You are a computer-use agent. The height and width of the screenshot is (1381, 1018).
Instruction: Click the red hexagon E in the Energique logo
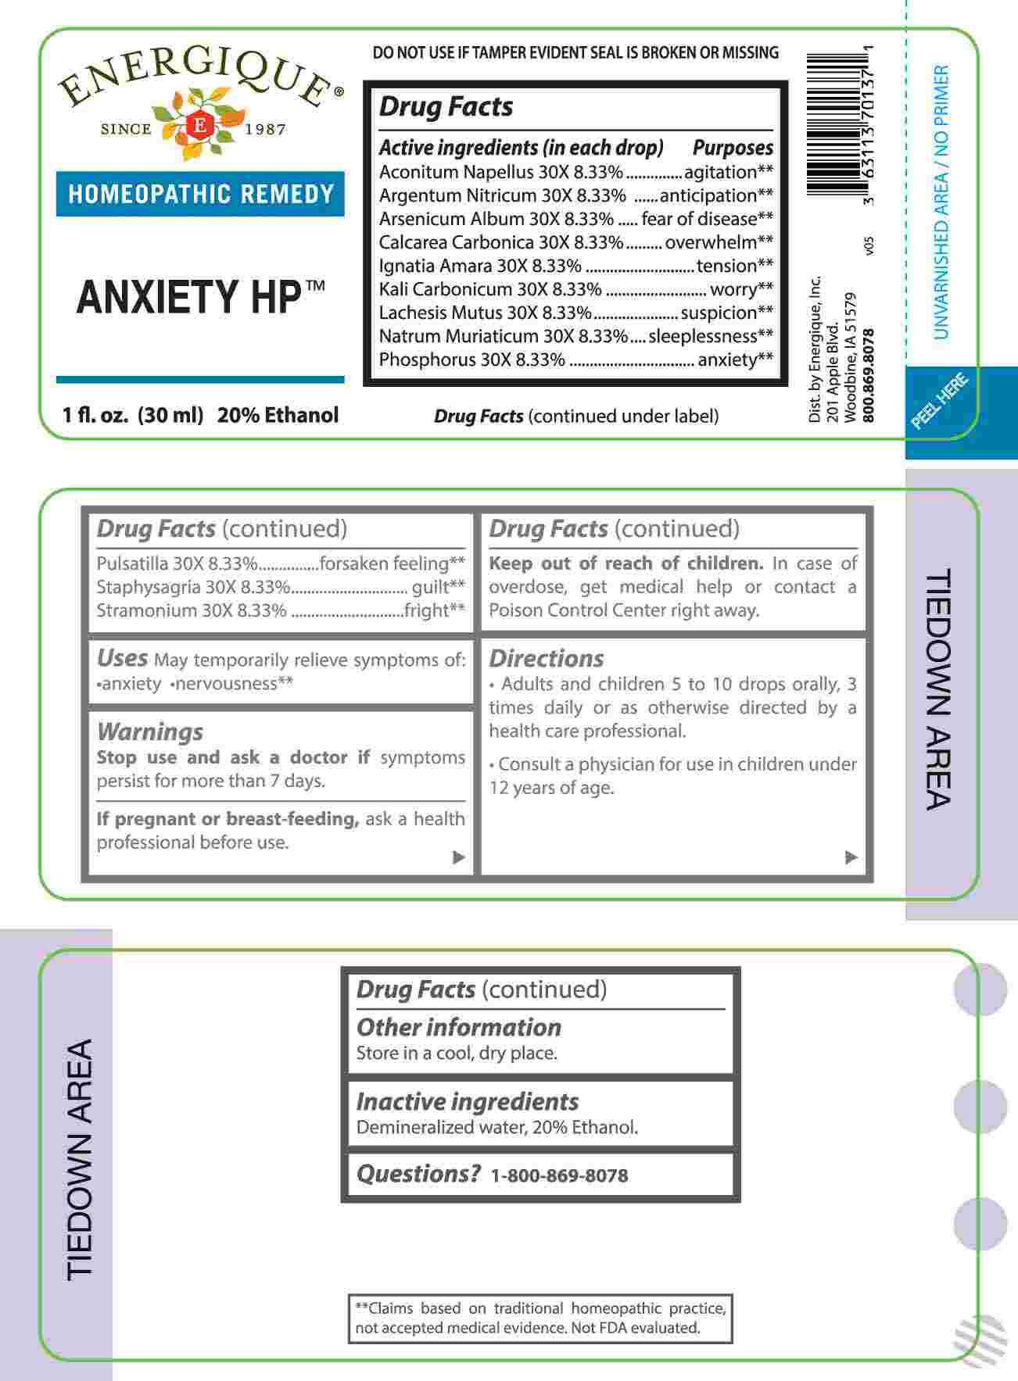pyautogui.click(x=199, y=125)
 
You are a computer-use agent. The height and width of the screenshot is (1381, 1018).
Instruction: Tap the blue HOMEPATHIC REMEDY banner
pyautogui.click(x=200, y=194)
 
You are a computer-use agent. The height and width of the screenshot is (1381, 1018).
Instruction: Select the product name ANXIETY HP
pyautogui.click(x=188, y=297)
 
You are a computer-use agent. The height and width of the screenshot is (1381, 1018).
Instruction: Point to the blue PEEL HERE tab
pyautogui.click(x=941, y=402)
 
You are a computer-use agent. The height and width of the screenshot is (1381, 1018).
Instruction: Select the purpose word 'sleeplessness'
pyautogui.click(x=703, y=336)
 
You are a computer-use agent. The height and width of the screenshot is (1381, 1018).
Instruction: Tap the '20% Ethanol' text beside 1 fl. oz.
pyautogui.click(x=278, y=415)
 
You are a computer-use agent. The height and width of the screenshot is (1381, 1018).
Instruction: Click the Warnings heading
pyautogui.click(x=150, y=732)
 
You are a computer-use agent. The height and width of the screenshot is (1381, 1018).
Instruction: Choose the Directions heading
pyautogui.click(x=547, y=659)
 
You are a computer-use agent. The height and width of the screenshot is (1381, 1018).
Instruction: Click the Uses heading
pyautogui.click(x=122, y=658)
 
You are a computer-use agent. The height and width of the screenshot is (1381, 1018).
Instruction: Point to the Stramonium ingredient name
pyautogui.click(x=146, y=610)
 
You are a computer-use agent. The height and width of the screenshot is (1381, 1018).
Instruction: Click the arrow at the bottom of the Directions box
pyautogui.click(x=851, y=857)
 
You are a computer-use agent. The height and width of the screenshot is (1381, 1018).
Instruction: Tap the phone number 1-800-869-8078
pyautogui.click(x=559, y=1175)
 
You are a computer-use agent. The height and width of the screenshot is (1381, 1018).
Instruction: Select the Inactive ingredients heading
pyautogui.click(x=468, y=1101)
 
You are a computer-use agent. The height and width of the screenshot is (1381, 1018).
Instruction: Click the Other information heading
pyautogui.click(x=459, y=1027)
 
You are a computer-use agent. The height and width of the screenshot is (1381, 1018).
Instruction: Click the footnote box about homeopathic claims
pyautogui.click(x=540, y=1318)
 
